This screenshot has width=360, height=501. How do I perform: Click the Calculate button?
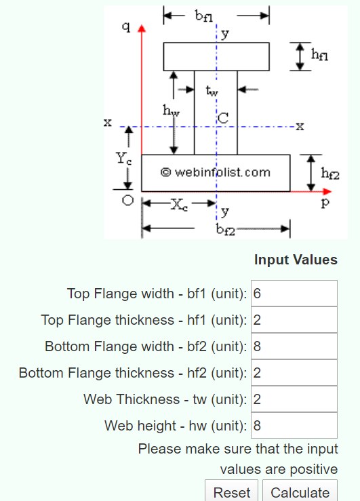(x=300, y=492)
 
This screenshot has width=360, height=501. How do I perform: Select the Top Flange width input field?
(x=294, y=294)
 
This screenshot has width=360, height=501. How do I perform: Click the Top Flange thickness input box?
(x=294, y=320)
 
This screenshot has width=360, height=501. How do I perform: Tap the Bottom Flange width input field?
(x=294, y=346)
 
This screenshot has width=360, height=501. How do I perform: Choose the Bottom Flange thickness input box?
(x=294, y=373)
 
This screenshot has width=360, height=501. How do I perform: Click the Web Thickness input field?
(x=294, y=399)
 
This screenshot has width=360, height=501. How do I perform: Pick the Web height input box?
(x=294, y=426)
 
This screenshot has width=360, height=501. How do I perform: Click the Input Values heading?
(x=296, y=260)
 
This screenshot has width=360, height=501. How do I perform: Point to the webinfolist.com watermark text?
(x=216, y=172)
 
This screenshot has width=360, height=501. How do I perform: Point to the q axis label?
(x=125, y=28)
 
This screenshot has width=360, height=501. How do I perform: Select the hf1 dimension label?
(x=319, y=57)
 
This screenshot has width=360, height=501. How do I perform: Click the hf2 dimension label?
(x=330, y=174)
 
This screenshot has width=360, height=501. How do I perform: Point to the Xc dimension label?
(x=180, y=203)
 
